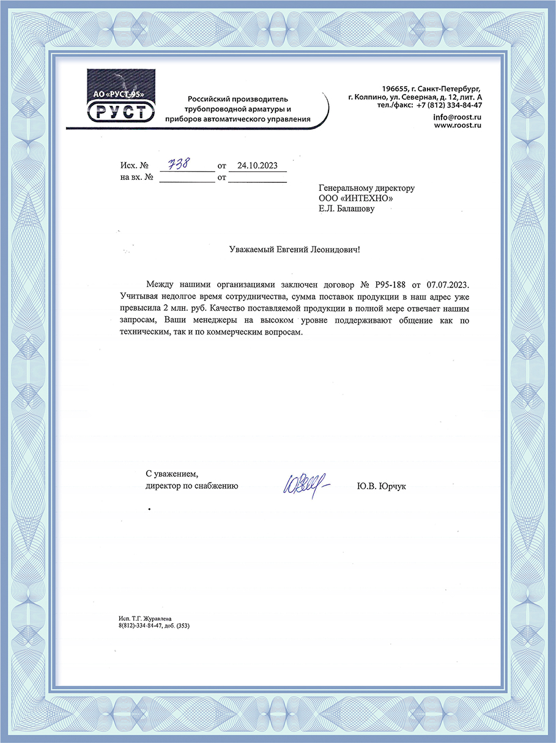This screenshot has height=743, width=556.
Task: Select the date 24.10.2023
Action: pos(257,165)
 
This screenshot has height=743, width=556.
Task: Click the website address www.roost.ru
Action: pos(458,125)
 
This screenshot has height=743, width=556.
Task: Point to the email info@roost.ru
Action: pos(457,116)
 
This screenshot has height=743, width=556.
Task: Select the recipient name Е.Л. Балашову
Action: pos(346,209)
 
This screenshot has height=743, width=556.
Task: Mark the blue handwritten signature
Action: pos(303,486)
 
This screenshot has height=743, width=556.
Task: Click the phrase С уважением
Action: pos(172,473)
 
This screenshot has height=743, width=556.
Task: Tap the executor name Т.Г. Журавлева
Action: pos(152,619)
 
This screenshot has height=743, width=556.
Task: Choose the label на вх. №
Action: pos(132,178)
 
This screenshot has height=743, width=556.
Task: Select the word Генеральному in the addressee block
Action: pos(346,188)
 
